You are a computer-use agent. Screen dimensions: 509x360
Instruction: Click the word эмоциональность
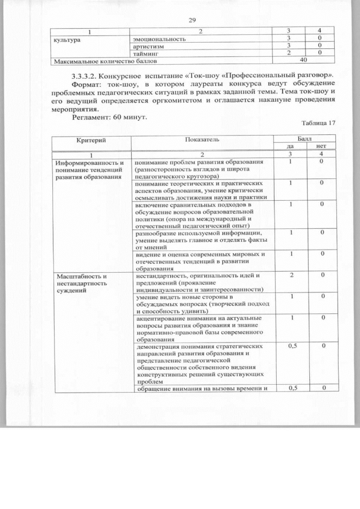[159, 39]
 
